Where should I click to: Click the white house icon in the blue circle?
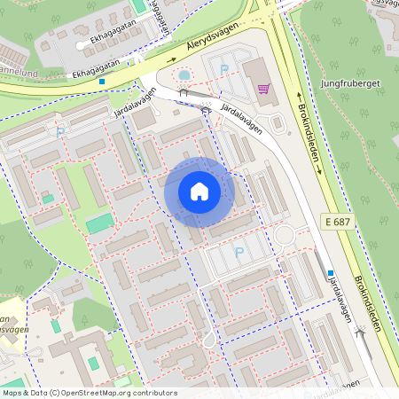tap(199, 192)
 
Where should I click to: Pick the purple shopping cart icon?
tap(263, 88)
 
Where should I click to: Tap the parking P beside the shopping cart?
tap(223, 68)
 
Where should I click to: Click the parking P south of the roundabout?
tap(238, 253)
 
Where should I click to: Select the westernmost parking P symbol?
tap(60, 132)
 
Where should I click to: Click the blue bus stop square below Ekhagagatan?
tap(102, 82)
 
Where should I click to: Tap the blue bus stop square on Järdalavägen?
tap(330, 273)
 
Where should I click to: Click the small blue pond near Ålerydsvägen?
tap(184, 74)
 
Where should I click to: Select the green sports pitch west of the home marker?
tap(99, 223)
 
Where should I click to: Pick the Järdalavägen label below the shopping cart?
tap(241, 119)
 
